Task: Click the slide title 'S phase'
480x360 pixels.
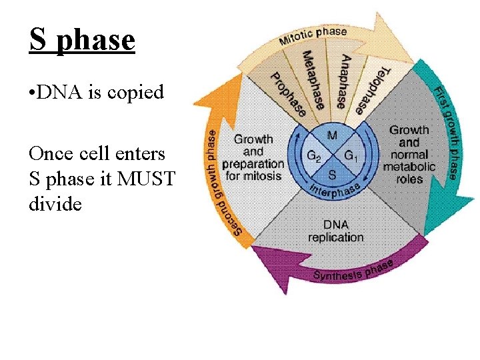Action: [82, 40]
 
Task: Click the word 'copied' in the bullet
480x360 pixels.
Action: [137, 92]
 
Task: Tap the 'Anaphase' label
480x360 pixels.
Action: [337, 81]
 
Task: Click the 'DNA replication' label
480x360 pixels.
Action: [336, 231]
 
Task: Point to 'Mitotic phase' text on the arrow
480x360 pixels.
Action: [313, 35]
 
